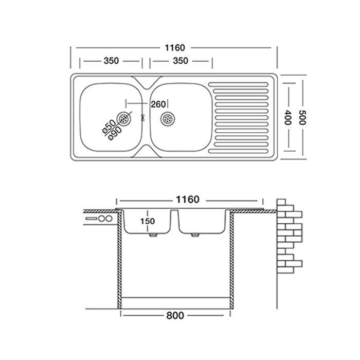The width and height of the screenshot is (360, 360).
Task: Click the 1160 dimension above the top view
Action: [175, 48]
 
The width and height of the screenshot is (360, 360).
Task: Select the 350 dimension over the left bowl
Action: [111, 61]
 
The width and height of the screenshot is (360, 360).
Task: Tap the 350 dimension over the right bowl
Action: [181, 61]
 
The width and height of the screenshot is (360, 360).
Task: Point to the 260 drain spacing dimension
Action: [158, 104]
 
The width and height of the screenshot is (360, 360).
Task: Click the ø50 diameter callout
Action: [109, 127]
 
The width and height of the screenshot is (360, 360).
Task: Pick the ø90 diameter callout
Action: [116, 133]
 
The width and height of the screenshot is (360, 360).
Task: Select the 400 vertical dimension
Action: [288, 117]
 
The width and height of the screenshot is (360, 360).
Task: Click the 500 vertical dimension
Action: [302, 117]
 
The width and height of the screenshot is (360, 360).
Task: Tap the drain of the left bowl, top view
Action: [124, 119]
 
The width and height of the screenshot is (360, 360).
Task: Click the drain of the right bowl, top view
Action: [168, 119]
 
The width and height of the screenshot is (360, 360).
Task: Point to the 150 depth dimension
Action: [148, 221]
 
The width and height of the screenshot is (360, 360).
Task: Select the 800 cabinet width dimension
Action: [175, 315]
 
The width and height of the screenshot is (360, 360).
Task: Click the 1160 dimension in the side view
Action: [188, 200]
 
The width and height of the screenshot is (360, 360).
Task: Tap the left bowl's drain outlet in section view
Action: [153, 235]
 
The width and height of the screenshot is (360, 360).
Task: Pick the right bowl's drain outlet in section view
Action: [195, 235]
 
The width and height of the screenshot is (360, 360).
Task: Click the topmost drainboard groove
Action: [238, 84]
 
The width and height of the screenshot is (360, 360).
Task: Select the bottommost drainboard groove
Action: [238, 151]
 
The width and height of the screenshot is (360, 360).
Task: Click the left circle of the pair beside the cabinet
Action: [102, 219]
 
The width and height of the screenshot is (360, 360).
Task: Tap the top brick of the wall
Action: [281, 202]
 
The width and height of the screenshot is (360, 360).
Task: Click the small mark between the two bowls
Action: [142, 118]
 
